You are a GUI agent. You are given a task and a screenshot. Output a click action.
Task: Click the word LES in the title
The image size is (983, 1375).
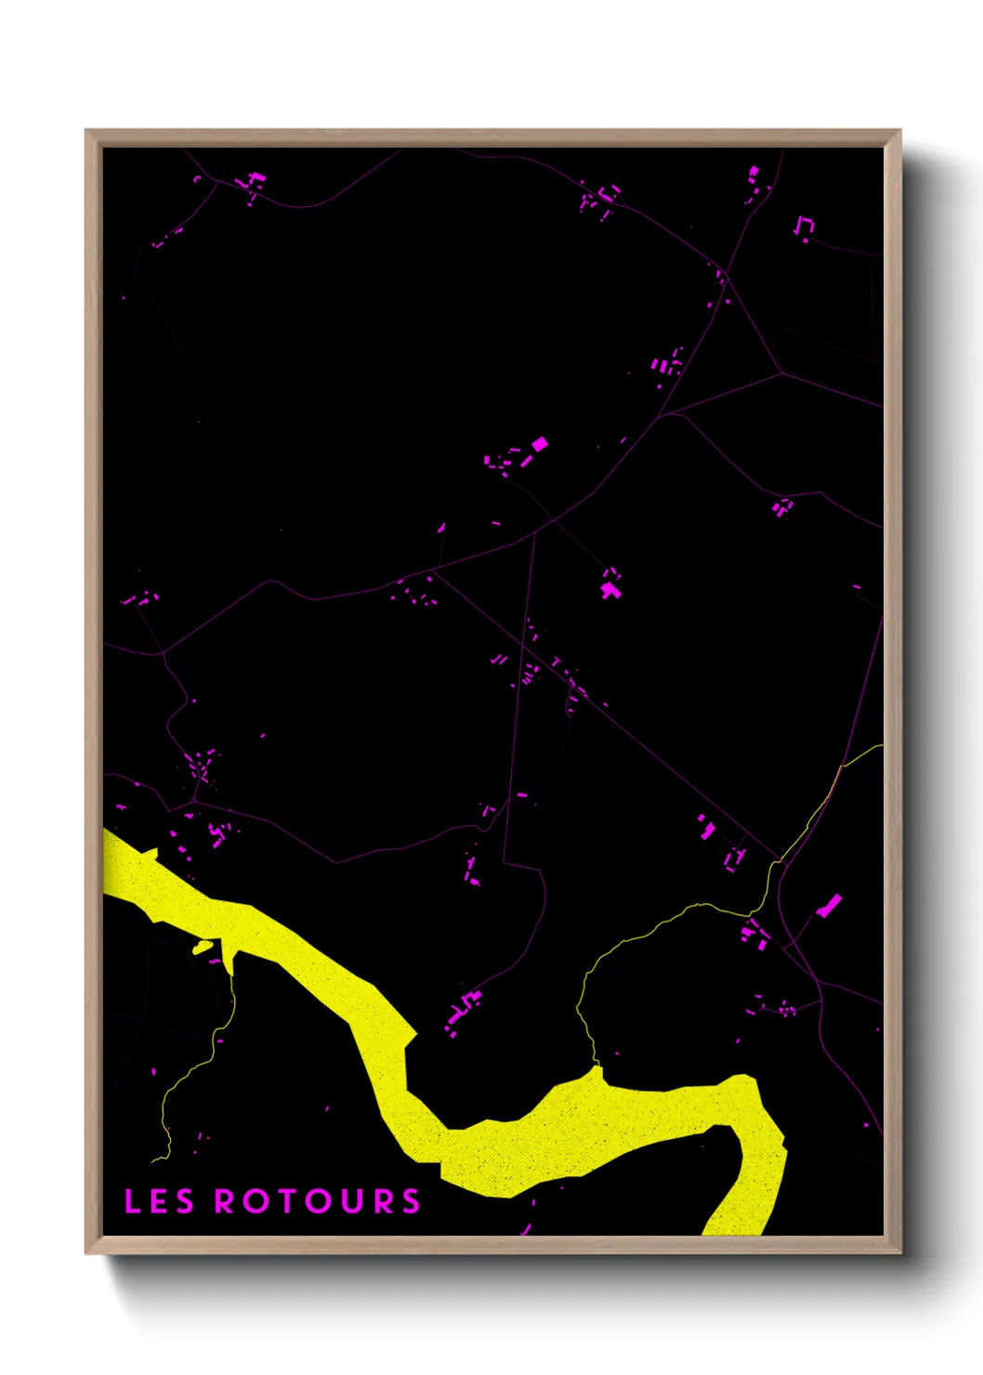coord(159,1201)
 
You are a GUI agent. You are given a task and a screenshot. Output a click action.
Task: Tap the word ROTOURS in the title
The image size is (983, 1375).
coord(318,1201)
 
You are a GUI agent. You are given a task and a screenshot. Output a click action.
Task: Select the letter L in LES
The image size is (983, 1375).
coord(132,1201)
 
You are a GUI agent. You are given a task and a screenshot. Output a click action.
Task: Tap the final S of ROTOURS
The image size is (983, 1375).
coord(411,1201)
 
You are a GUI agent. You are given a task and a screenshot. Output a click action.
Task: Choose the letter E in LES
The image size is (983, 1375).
coord(159,1201)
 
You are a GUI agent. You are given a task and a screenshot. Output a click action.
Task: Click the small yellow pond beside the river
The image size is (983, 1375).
coord(203,948)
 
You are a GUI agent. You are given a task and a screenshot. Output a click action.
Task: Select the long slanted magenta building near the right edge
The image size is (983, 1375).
coord(829,906)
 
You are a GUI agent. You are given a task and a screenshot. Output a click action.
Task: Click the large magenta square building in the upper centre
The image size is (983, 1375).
coord(539,444)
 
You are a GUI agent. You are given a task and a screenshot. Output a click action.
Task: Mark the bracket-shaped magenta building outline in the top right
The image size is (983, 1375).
coord(804,226)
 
